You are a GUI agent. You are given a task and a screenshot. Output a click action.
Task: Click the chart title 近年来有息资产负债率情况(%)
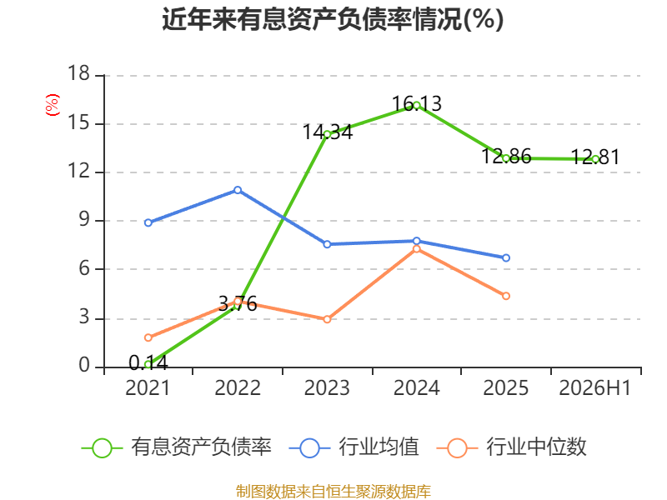(333, 19)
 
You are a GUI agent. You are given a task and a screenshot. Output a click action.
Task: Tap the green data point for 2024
(416, 106)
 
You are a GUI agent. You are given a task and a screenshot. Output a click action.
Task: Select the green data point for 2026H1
(595, 159)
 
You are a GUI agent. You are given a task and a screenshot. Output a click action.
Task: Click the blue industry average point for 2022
(238, 190)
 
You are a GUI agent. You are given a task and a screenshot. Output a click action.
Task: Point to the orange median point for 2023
(327, 319)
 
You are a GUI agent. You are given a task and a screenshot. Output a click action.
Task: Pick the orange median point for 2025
(506, 296)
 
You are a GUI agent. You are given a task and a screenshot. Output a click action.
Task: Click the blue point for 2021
(148, 222)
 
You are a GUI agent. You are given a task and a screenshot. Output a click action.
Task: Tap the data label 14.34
(328, 132)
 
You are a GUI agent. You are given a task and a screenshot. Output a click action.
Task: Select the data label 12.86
(506, 156)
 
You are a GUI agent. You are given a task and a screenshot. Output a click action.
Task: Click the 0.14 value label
(148, 362)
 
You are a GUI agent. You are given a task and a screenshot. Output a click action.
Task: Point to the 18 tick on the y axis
(78, 73)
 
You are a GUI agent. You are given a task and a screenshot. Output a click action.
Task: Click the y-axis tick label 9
(84, 219)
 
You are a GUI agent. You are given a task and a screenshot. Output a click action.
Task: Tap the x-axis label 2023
(327, 387)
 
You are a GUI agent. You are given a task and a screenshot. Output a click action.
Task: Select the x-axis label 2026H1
(594, 387)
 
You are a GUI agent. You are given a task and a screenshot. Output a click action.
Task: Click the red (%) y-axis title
(53, 105)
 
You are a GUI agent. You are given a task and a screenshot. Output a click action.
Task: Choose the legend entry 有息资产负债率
(177, 447)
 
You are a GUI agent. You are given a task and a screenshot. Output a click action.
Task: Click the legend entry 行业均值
(354, 447)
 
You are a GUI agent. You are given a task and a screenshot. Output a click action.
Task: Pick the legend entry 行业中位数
(512, 447)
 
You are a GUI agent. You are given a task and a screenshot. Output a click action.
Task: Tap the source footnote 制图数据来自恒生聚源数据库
(333, 491)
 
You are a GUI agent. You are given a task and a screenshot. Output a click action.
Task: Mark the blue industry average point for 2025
(506, 258)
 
